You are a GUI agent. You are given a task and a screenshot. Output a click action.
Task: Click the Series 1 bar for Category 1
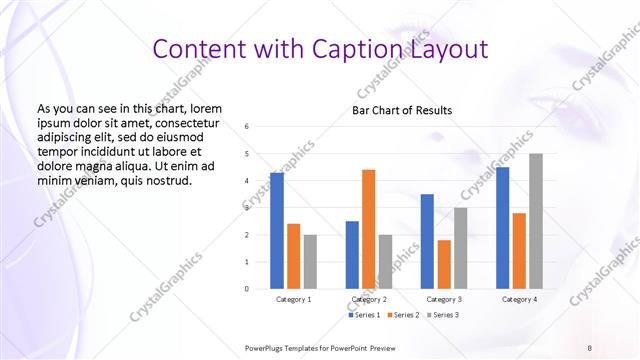click(x=277, y=230)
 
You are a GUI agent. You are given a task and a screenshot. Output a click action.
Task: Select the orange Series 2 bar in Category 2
click(x=369, y=229)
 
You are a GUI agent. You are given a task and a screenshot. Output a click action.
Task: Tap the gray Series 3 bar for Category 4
click(x=536, y=221)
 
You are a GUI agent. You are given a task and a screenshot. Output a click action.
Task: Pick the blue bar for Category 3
click(x=427, y=241)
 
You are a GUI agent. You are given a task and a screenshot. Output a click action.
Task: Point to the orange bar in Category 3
click(x=444, y=264)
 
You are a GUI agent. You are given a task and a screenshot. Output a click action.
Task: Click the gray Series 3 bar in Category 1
click(x=311, y=261)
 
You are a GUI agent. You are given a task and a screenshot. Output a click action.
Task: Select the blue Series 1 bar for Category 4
click(x=502, y=227)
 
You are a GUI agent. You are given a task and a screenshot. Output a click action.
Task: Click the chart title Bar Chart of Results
click(x=402, y=110)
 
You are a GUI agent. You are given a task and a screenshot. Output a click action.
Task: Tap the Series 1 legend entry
click(x=365, y=315)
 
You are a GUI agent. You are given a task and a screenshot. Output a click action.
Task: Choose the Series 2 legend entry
click(x=402, y=315)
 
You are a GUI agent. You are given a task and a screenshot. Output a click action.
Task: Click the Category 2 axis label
click(x=370, y=299)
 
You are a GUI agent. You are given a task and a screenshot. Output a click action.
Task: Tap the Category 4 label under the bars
click(x=519, y=299)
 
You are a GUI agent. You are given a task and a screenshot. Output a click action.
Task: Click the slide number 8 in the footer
click(x=590, y=347)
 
